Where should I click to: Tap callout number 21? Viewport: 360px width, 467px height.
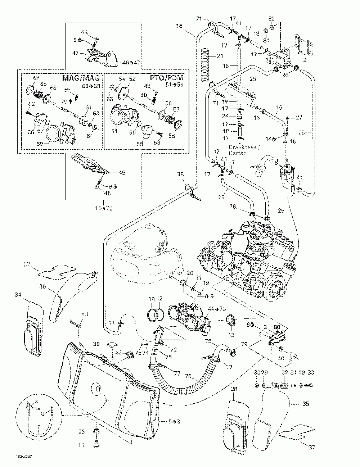point(220,56)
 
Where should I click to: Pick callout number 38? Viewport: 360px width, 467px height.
point(181,174)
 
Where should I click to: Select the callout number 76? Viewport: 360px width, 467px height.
point(188,377)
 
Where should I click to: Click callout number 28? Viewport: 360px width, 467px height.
point(234,389)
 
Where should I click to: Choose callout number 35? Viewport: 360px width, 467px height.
point(306,404)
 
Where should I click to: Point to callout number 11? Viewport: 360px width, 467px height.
point(82,445)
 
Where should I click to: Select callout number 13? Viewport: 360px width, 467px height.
point(231,335)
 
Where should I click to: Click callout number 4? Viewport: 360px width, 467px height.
point(305,60)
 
